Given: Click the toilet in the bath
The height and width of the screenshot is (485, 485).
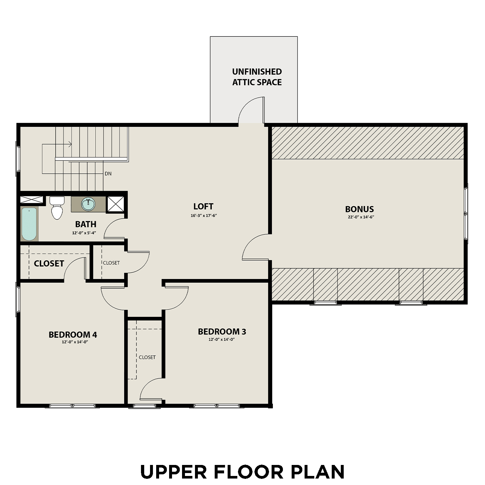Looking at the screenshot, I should pyautogui.click(x=57, y=209).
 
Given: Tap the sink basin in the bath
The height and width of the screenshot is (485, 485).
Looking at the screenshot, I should pyautogui.click(x=88, y=204).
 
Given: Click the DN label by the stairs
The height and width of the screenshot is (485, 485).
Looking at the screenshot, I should pyautogui.click(x=108, y=174).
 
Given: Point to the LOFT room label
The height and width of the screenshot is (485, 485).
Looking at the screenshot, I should pyautogui.click(x=203, y=206).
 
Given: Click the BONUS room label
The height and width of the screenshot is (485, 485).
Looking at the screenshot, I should pyautogui.click(x=360, y=209).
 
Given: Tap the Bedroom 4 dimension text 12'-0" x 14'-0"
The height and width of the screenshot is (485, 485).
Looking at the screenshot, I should pyautogui.click(x=75, y=342).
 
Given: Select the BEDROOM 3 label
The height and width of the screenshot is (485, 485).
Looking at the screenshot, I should pyautogui.click(x=222, y=331).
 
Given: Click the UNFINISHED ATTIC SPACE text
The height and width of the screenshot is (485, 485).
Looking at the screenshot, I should pyautogui.click(x=257, y=77).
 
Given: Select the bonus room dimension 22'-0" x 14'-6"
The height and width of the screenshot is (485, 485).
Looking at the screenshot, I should pyautogui.click(x=361, y=217).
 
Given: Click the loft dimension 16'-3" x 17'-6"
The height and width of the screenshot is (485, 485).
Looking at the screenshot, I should pyautogui.click(x=204, y=215).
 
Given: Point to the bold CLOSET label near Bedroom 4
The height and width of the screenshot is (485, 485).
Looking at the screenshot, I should pyautogui.click(x=49, y=264).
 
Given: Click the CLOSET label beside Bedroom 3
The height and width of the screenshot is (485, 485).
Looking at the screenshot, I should pyautogui.click(x=147, y=357).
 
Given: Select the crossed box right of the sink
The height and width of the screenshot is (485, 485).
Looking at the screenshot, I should pyautogui.click(x=115, y=204).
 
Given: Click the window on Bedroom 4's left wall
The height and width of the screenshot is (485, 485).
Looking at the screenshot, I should pyautogui.click(x=18, y=299).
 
